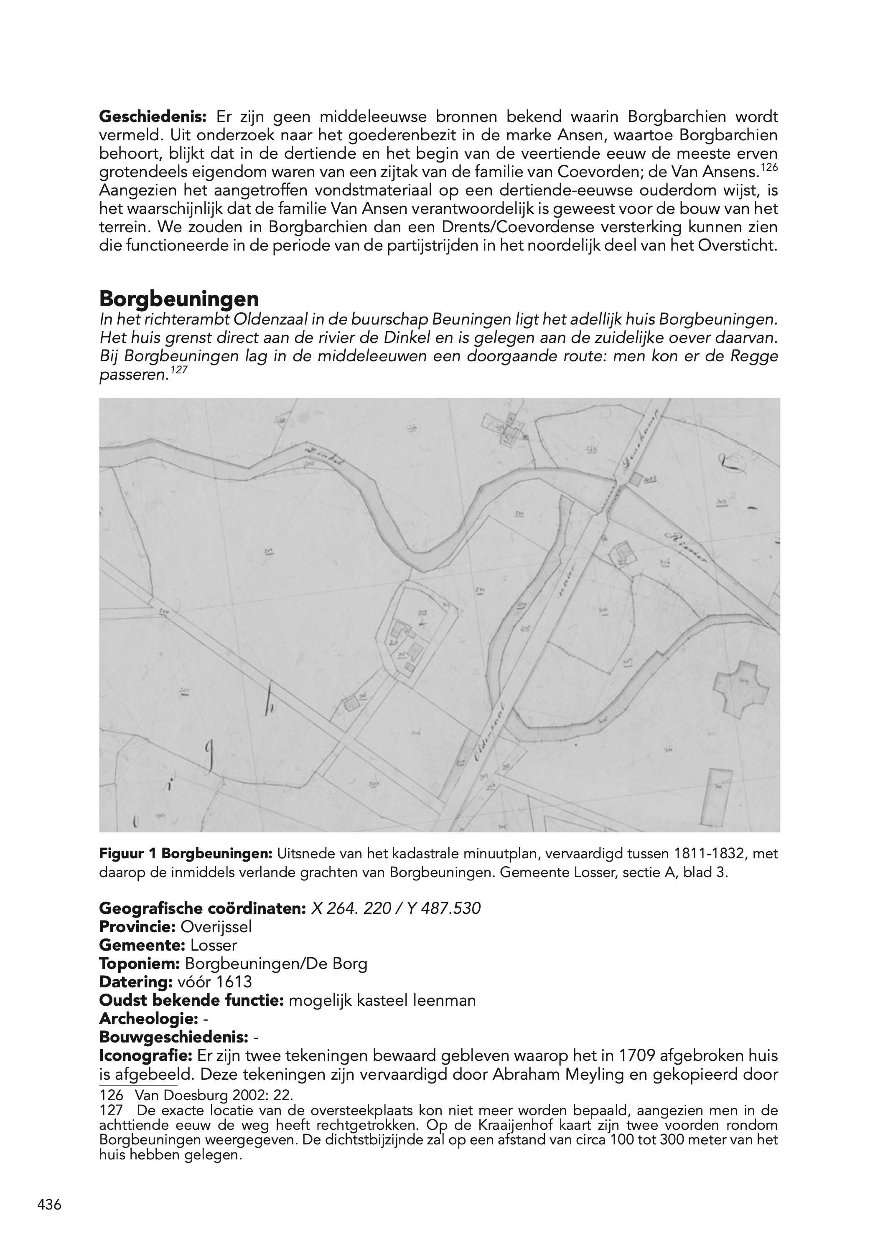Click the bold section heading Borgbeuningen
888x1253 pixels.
(179, 299)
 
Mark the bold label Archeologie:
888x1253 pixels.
(148, 1019)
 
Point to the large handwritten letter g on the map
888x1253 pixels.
(209, 758)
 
